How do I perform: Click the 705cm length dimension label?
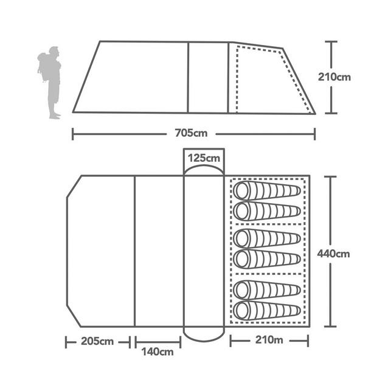coord(194,133)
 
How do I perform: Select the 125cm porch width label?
coord(204,158)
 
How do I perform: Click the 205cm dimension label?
coord(97,341)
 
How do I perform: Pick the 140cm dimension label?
coord(158,352)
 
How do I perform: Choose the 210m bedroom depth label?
coord(269,341)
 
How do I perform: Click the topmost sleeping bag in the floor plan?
coord(268,191)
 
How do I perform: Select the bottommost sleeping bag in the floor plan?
coord(268,309)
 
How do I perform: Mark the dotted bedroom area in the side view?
coord(268,79)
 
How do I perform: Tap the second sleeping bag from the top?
coord(268,211)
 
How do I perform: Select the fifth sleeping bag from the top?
coord(268,288)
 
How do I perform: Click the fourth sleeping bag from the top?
coord(268,258)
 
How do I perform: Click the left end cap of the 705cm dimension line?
coord(73,133)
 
